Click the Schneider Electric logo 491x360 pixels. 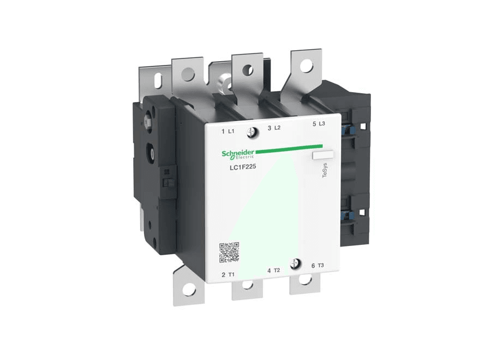[238, 154]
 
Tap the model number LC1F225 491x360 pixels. [243, 167]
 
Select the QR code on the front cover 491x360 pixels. [229, 252]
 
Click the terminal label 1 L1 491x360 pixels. [228, 131]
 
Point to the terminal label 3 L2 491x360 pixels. [274, 128]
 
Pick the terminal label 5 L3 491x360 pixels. [319, 124]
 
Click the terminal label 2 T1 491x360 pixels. [228, 274]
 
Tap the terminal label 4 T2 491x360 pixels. [274, 270]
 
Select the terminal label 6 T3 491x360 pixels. [318, 266]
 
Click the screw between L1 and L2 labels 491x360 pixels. [252, 133]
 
